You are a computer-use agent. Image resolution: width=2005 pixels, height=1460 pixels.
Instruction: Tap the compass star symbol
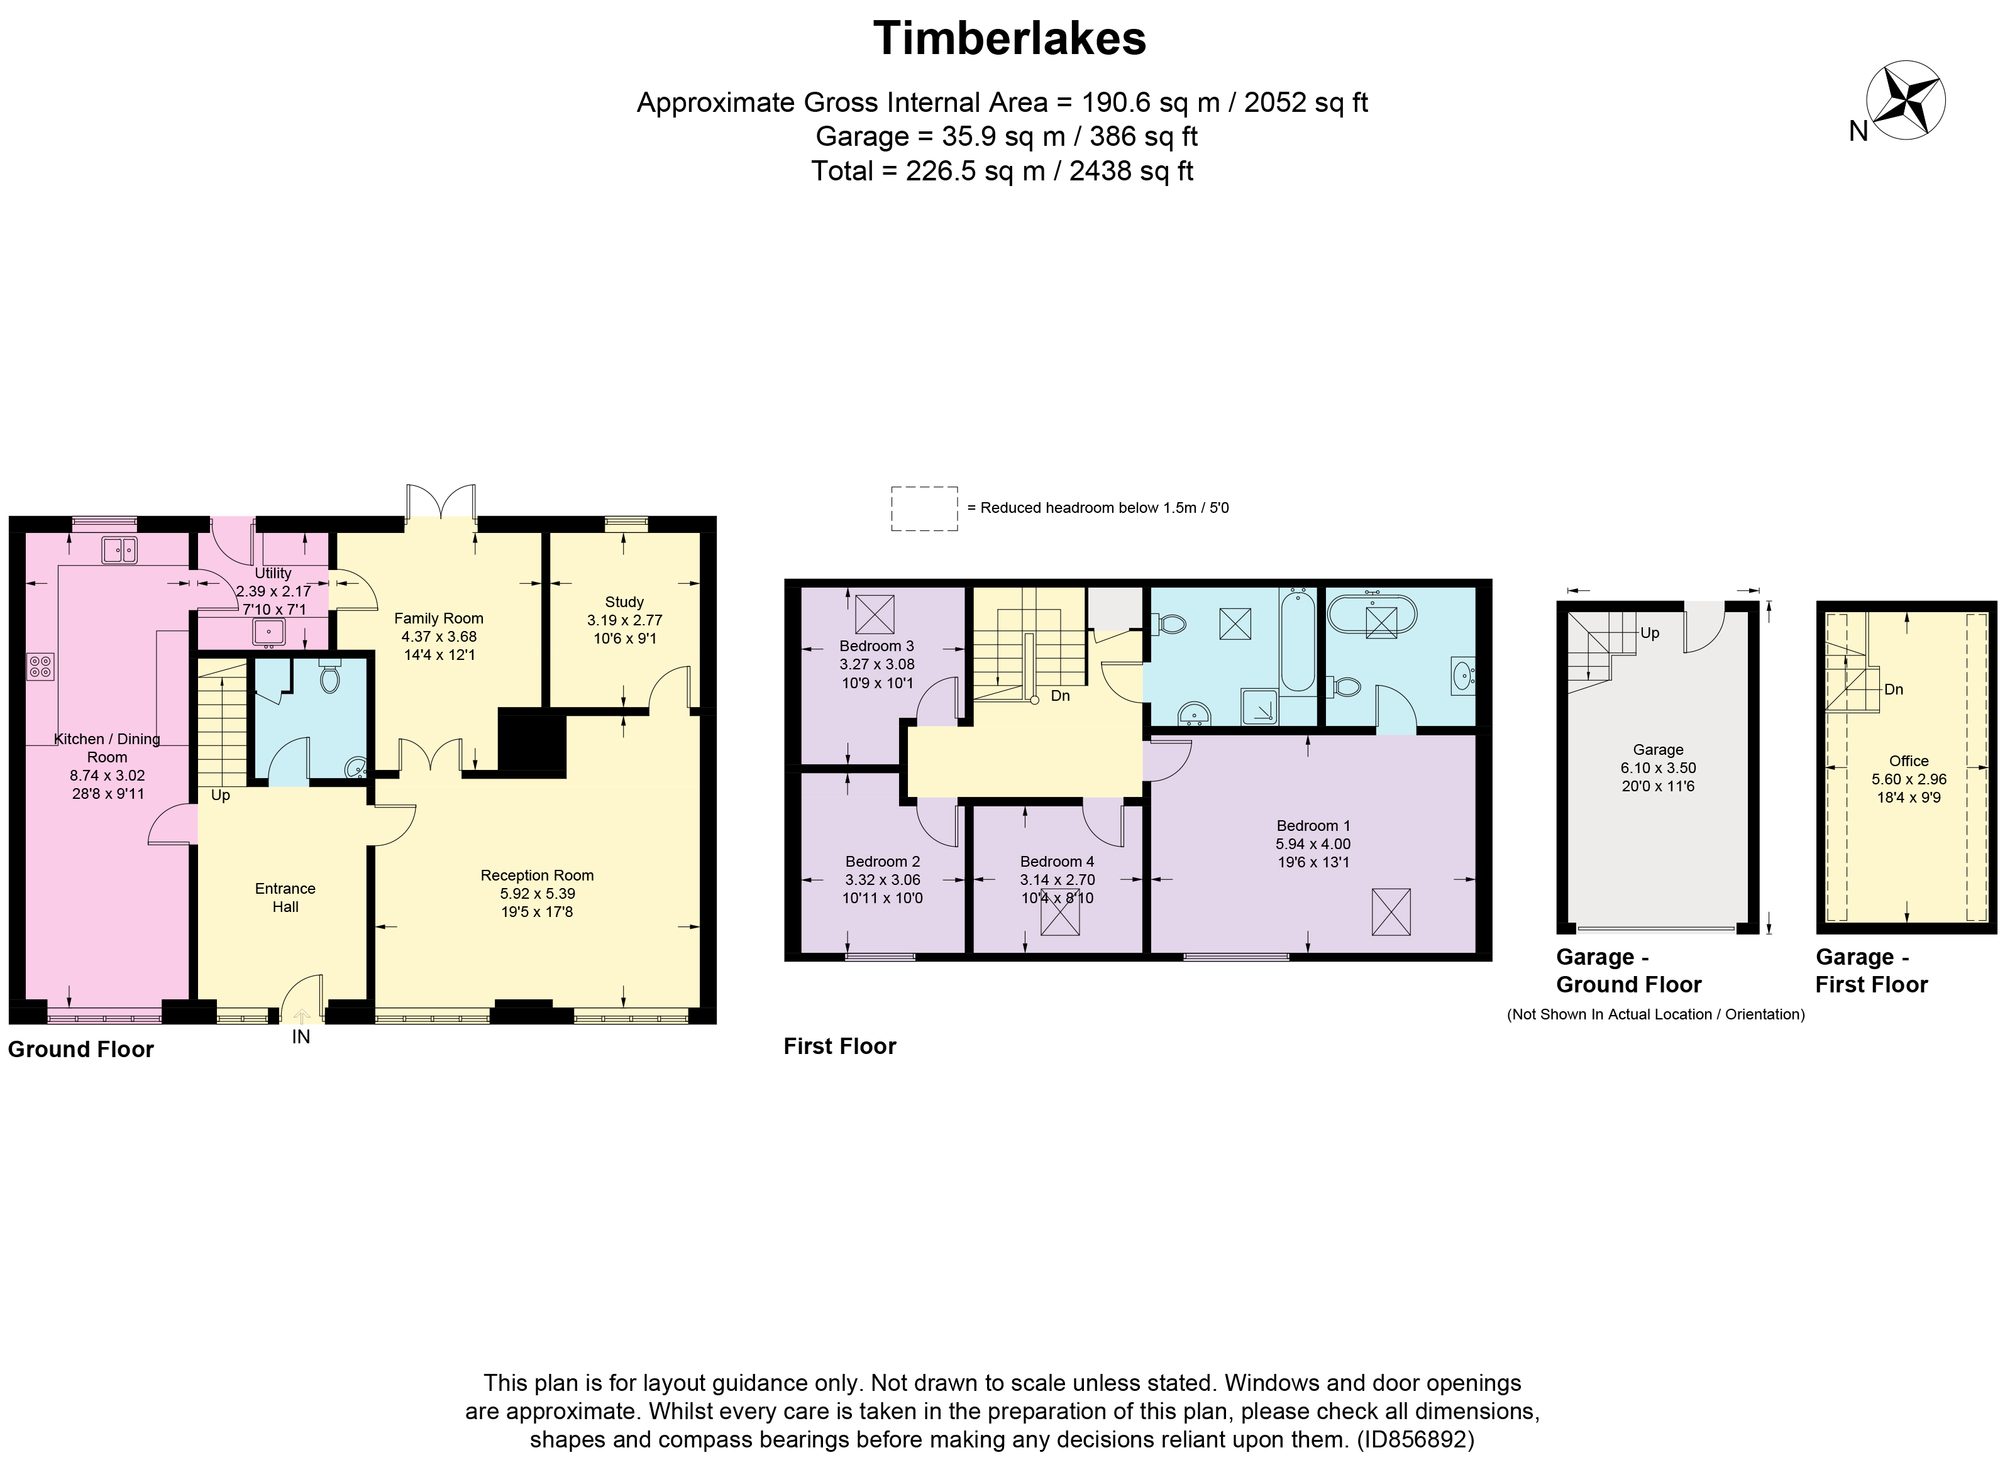tap(1905, 100)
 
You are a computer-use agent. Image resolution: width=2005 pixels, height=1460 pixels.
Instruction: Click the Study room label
tap(624, 602)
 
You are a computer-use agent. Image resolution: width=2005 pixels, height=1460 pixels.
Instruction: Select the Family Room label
tap(438, 618)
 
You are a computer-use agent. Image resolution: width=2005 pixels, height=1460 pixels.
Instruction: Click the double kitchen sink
tap(118, 550)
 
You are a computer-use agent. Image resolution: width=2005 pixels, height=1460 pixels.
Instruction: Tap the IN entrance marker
tap(301, 1036)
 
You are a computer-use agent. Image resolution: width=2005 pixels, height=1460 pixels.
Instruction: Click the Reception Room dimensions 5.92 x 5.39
tap(536, 894)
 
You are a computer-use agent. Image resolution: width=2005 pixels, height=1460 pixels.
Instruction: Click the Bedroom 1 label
tap(1313, 825)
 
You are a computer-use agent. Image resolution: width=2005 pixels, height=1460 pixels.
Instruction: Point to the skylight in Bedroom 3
tap(875, 614)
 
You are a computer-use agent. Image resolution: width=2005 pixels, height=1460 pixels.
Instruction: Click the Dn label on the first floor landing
tap(1060, 696)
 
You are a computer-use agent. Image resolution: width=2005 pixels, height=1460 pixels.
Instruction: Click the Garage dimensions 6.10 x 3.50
tap(1657, 768)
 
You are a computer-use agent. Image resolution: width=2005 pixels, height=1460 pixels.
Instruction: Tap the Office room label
tap(1909, 761)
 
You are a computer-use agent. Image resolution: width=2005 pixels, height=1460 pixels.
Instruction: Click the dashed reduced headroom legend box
tap(924, 508)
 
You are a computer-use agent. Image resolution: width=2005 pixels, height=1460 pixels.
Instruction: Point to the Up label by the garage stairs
tap(1650, 633)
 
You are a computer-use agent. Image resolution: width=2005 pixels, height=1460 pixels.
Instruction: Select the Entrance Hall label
tap(285, 897)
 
